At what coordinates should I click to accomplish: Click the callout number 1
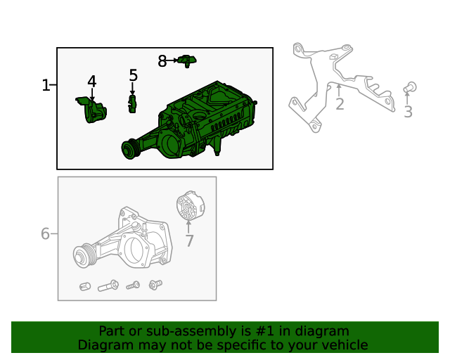[46, 86]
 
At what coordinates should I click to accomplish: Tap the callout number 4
[91, 82]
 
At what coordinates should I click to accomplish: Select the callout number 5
[133, 75]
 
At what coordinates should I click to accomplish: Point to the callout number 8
[162, 61]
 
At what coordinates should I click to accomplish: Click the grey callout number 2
[340, 105]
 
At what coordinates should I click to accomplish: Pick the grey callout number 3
[408, 112]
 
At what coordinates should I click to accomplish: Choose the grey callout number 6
[45, 233]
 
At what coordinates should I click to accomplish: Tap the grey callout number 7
[189, 241]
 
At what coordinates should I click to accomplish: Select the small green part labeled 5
[131, 104]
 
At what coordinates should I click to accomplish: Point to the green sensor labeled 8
[186, 60]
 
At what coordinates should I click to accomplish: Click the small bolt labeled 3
[411, 87]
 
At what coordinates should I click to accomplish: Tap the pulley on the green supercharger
[129, 150]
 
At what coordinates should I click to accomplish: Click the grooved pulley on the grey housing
[85, 256]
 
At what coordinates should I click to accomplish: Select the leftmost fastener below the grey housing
[84, 287]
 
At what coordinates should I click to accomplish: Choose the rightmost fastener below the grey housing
[155, 285]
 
